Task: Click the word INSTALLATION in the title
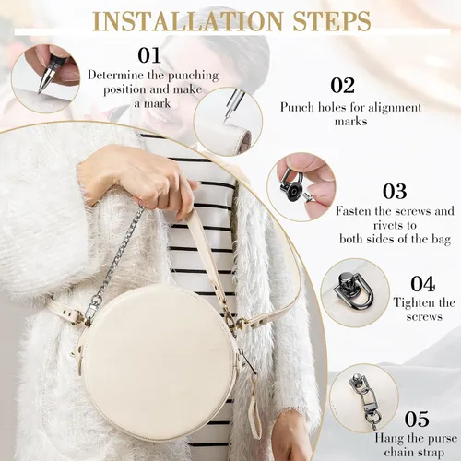point(187,20)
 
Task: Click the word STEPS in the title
point(332,20)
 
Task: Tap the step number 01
point(149,55)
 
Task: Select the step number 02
point(343,85)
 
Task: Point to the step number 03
point(395,191)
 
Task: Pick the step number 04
point(423,284)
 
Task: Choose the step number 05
point(417,419)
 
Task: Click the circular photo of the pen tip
point(45,78)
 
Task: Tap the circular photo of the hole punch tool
point(228,122)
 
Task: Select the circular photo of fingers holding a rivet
point(301,186)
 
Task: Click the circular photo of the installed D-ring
point(355,292)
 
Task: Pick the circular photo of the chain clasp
point(364,398)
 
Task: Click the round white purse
point(160,362)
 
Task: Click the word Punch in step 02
point(297,107)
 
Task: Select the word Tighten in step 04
point(412,303)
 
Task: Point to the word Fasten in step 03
point(352,211)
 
